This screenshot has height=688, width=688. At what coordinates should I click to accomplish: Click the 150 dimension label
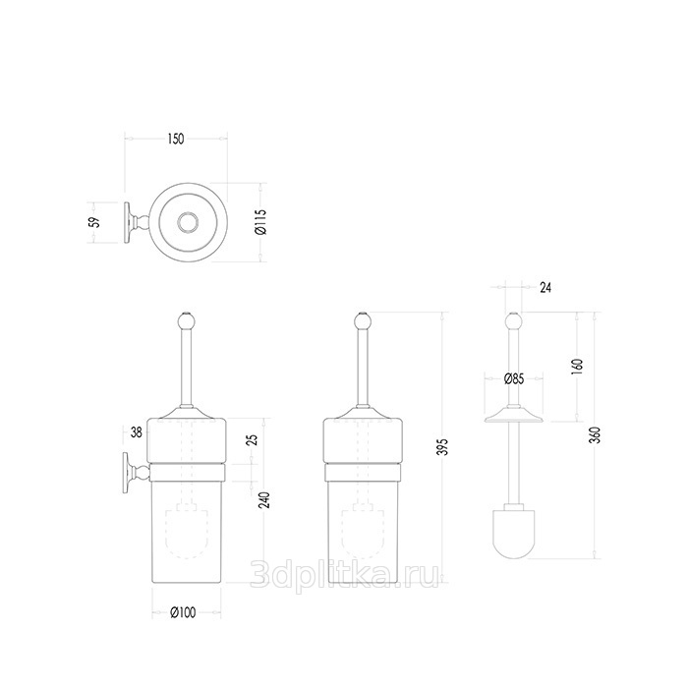coord(176,140)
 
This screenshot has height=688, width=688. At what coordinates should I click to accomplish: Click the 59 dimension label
coord(94,222)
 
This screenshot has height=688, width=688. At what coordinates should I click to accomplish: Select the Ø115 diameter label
coord(261,222)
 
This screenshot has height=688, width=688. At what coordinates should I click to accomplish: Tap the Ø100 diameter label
coord(183,613)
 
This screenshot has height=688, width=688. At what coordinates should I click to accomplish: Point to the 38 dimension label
coord(137,432)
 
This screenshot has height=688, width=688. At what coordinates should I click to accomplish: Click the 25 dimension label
coord(254,440)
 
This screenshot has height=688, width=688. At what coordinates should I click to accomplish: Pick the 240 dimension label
coord(264,500)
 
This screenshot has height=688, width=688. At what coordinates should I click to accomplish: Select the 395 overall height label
coord(444,446)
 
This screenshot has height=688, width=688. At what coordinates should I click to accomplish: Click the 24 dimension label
coord(545,288)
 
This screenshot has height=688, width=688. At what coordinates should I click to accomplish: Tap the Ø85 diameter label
coord(514,378)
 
